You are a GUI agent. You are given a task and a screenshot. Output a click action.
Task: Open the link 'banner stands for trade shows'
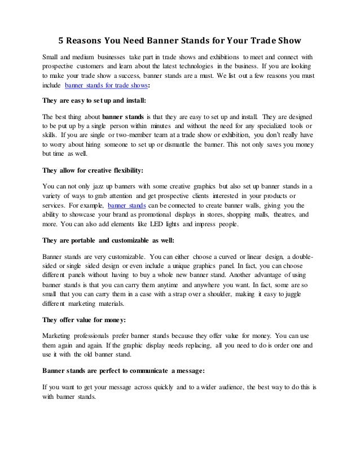(107, 86)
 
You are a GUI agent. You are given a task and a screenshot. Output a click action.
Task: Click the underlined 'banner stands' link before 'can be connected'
(125, 205)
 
